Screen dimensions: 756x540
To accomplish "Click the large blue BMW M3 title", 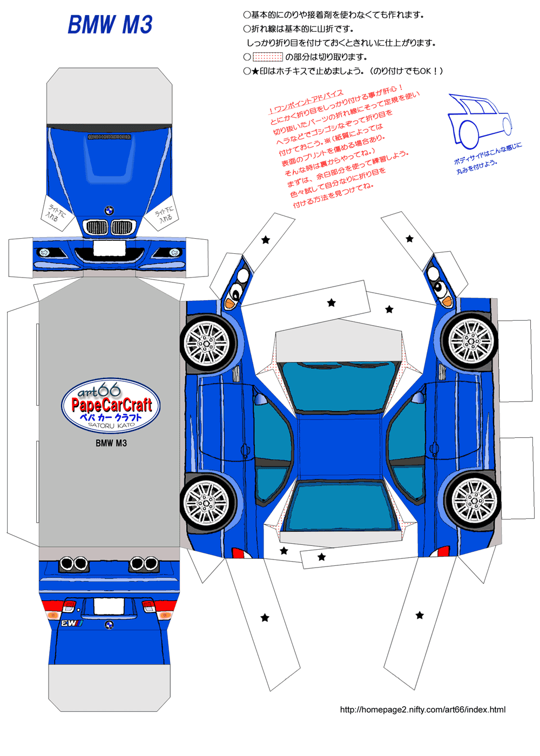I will (x=110, y=25).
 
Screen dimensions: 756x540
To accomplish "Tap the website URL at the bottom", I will (x=422, y=710).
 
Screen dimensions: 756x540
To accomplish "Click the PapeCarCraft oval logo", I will (x=111, y=406).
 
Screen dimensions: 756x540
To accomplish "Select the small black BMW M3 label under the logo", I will (x=111, y=443).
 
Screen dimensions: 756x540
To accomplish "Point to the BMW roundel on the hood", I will (x=109, y=211).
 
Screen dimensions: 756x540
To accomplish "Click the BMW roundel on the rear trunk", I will (x=109, y=625).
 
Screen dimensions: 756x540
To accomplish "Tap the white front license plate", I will (x=109, y=249).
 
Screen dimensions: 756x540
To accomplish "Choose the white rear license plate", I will (x=109, y=606).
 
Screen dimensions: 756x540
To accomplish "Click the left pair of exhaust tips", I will (x=74, y=564).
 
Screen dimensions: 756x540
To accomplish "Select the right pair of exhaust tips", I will (x=144, y=564).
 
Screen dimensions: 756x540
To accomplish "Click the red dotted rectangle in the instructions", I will (x=268, y=57).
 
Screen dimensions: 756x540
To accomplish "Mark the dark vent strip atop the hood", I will (x=109, y=137).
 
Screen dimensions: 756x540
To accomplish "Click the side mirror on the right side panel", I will (x=418, y=399).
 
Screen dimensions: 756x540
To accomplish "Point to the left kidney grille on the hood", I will (x=97, y=227).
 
